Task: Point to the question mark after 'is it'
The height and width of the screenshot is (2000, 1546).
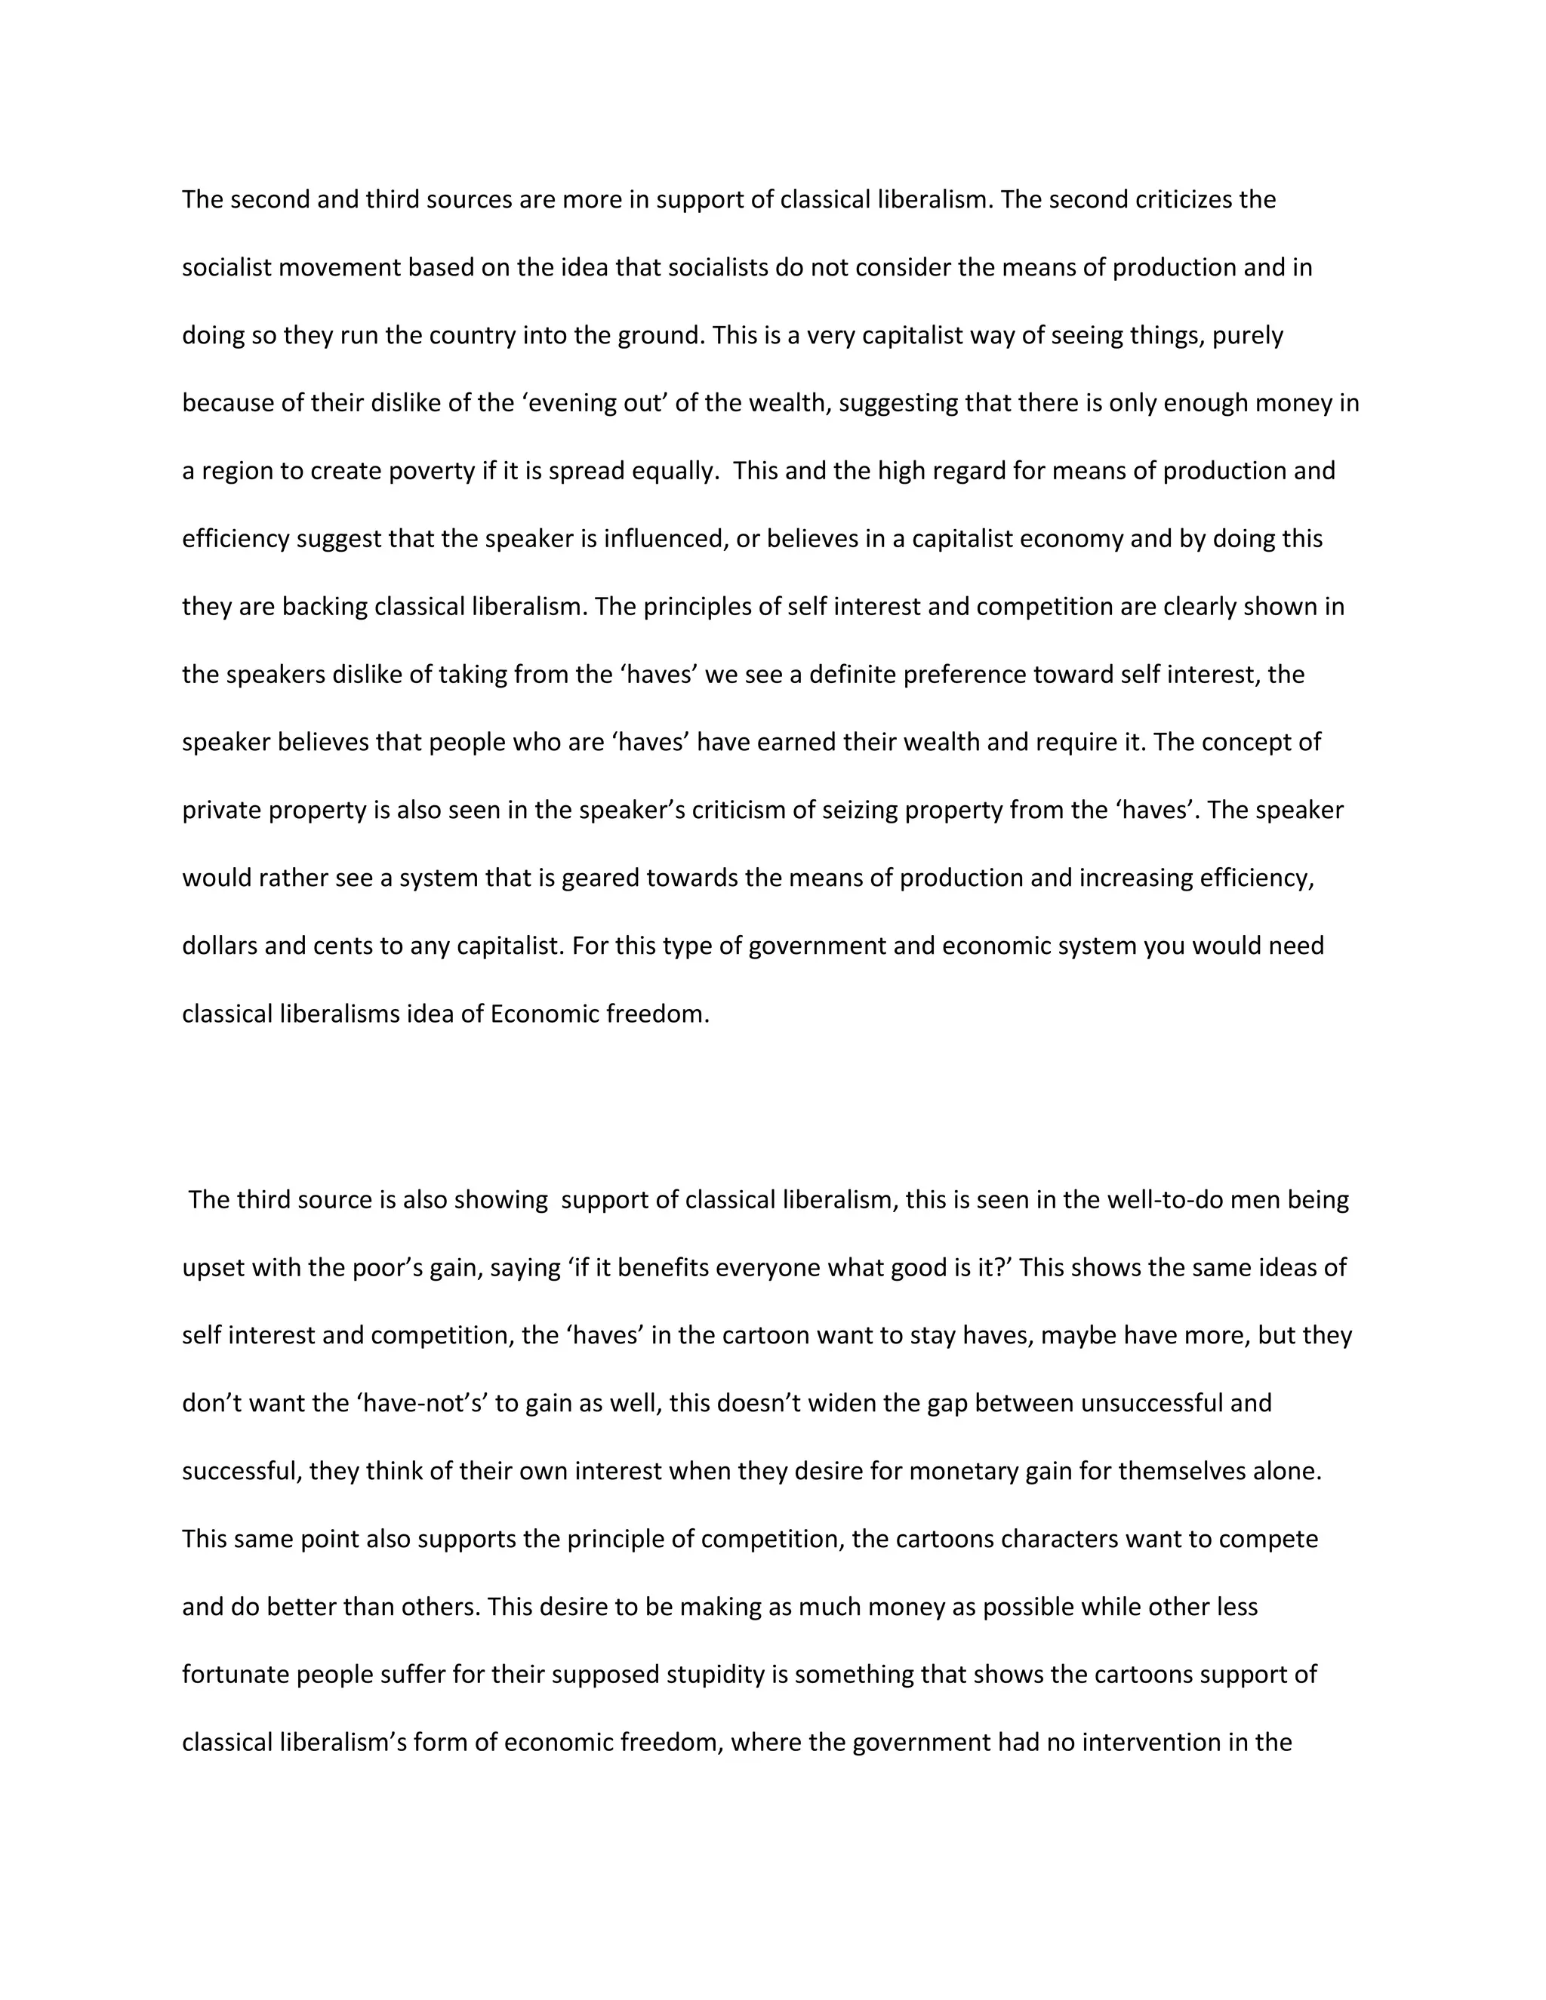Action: point(1005,1267)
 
